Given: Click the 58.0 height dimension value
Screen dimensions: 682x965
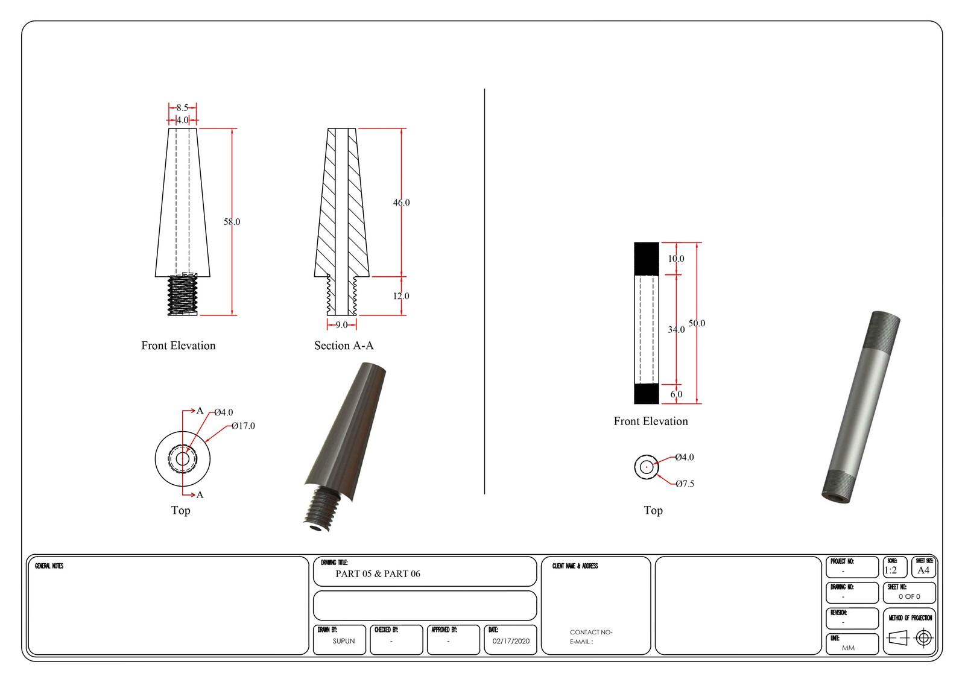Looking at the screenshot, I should tap(232, 222).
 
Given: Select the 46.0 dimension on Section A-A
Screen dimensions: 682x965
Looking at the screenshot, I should tap(401, 203).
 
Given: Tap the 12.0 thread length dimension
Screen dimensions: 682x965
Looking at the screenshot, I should tap(401, 296).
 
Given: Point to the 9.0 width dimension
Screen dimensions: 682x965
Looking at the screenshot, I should tap(341, 325).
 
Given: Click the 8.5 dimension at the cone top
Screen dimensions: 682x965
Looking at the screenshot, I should tap(182, 108).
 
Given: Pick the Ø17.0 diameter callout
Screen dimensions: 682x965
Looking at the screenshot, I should tap(243, 426).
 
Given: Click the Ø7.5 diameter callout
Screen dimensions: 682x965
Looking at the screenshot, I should tap(685, 484).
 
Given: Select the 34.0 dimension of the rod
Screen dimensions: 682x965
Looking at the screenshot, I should tap(676, 329).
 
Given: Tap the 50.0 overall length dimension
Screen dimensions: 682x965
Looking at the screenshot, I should tap(697, 323).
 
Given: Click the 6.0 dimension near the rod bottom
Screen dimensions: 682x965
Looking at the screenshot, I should tap(676, 394).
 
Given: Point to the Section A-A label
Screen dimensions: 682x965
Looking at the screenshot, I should tap(344, 346).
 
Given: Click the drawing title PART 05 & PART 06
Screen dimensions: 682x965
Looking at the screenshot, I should tap(378, 573).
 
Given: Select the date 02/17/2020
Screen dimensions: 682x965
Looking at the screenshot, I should tap(511, 641).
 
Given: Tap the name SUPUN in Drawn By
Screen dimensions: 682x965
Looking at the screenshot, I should tap(344, 641).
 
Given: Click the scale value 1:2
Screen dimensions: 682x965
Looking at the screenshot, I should tap(890, 570).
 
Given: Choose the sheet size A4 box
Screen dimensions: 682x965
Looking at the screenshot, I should tap(923, 570).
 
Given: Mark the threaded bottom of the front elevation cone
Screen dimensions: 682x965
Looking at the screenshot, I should tap(182, 295).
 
